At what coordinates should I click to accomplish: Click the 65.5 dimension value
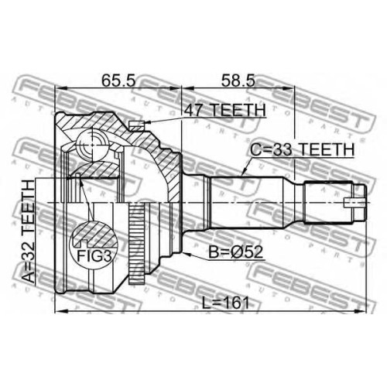click(x=118, y=80)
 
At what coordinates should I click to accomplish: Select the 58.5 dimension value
click(x=238, y=80)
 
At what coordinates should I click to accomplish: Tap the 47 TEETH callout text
click(x=224, y=110)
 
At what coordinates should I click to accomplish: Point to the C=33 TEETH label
click(x=303, y=149)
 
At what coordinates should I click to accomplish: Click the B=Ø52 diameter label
click(x=235, y=252)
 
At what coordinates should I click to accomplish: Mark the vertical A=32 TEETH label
click(x=29, y=231)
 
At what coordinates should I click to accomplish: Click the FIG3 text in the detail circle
click(x=94, y=256)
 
